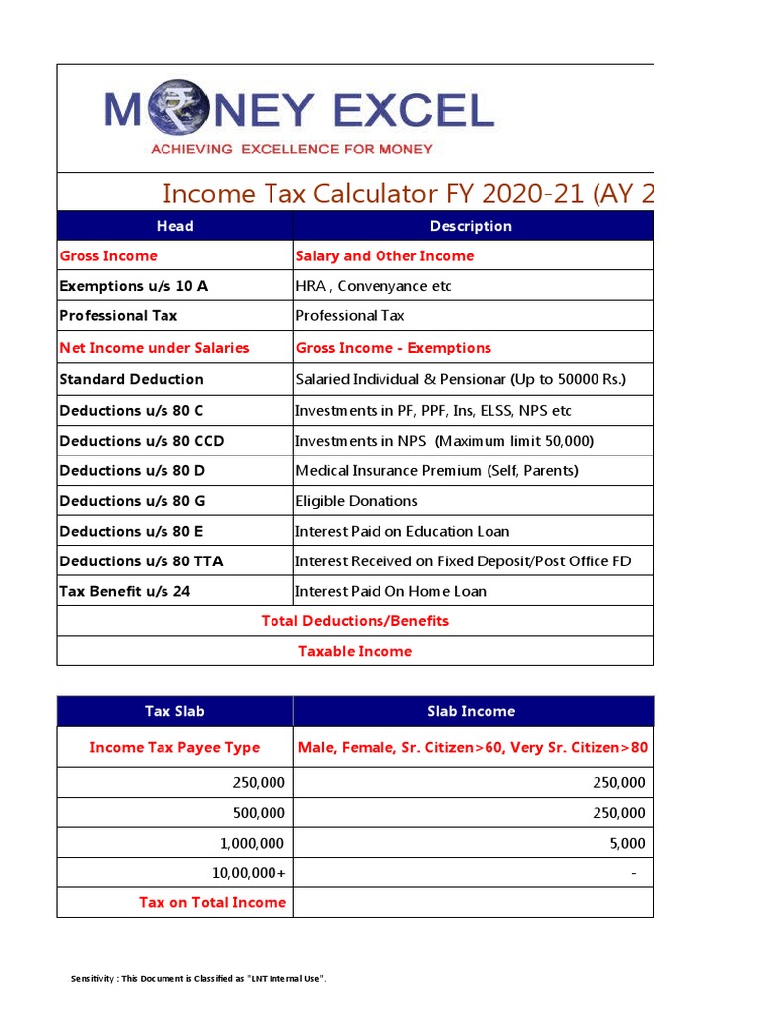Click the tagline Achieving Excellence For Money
click(290, 150)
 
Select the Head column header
click(175, 226)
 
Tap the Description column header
click(471, 226)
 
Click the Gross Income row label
click(108, 256)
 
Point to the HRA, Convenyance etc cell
click(374, 286)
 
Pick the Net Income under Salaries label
click(155, 348)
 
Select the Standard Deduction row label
click(132, 379)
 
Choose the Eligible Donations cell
click(357, 501)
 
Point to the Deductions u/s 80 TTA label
click(142, 561)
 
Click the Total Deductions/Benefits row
click(355, 621)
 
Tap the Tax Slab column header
click(175, 711)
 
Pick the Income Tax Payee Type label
click(174, 748)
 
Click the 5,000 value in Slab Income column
click(628, 843)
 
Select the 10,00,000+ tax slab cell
click(247, 872)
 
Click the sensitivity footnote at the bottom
click(199, 979)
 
